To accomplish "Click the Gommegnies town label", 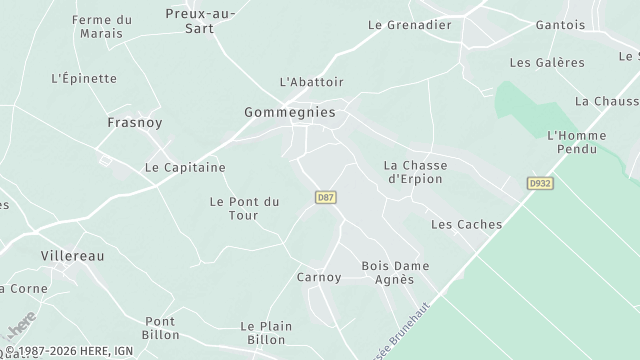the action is coord(289,113).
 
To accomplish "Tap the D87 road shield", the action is coord(324,197).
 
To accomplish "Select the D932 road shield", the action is coord(540,184).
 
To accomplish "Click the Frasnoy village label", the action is coord(135,122).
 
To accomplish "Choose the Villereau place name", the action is coord(72,256).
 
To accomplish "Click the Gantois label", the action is coord(560,24).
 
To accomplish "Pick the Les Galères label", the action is coord(547,62).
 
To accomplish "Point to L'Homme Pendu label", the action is coord(572,142).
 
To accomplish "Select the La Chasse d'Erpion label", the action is coord(415,172).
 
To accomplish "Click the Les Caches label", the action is coord(466,225).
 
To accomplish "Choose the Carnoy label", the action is coord(319,277).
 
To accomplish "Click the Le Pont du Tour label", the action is coord(244,208).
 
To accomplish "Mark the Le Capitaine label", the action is coord(185,167).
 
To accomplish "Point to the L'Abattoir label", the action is coord(311,81).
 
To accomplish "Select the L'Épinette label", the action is coord(84,78).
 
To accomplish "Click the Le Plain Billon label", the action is coord(265,333).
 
